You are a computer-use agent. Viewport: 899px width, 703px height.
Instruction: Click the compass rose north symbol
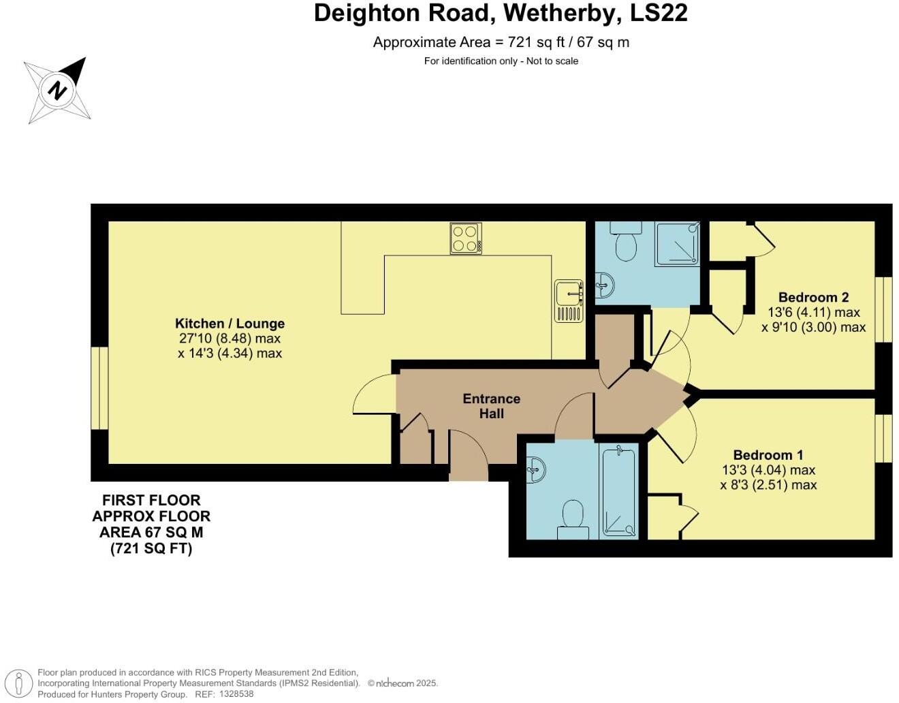57,90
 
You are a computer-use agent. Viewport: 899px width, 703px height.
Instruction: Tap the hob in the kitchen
466,238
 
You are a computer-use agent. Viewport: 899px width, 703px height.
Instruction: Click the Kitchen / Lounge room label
230,324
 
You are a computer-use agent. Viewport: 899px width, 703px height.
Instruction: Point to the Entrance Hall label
491,406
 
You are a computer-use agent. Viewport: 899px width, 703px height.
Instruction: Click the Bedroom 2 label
813,297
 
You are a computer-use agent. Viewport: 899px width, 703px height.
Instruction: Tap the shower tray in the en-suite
677,244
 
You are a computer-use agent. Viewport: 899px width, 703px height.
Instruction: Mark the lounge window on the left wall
100,388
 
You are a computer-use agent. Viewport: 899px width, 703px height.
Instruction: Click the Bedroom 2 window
883,309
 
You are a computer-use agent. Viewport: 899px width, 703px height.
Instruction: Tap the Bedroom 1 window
883,438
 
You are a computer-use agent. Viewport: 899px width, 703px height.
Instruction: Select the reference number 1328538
234,694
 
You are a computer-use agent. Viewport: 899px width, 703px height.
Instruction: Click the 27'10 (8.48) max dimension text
229,339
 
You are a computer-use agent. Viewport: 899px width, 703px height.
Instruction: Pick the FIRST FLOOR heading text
151,500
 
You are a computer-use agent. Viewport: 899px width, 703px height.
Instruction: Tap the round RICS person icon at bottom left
22,683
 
